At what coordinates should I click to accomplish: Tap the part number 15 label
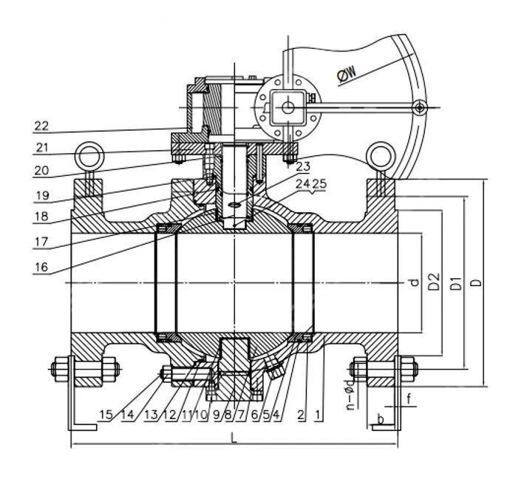(106, 415)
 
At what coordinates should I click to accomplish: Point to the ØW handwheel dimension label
(347, 72)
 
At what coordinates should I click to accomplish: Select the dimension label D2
(435, 282)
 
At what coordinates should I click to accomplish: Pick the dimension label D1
(456, 282)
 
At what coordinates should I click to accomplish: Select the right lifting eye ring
(382, 155)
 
